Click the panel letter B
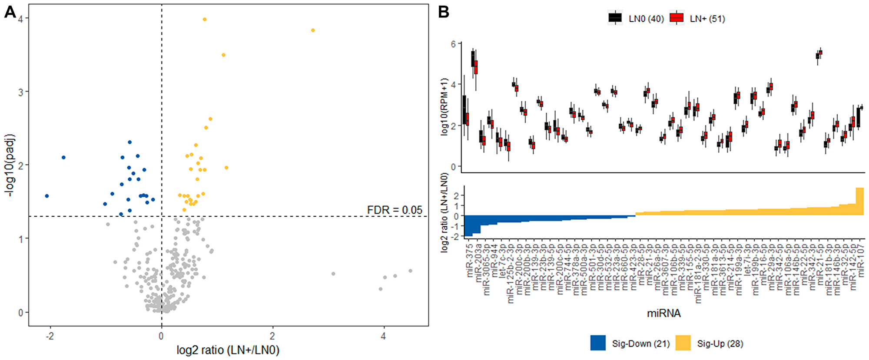(443, 12)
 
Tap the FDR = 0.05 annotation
(395, 210)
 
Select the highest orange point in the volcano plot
(205, 20)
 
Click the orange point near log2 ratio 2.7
(313, 30)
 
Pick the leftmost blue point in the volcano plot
(47, 196)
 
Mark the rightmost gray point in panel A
(410, 271)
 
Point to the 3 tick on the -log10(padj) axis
(21, 92)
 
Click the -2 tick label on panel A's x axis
(50, 336)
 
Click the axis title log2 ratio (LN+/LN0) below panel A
(228, 350)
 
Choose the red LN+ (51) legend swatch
(677, 18)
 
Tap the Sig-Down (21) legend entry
(640, 343)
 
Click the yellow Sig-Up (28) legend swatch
(683, 343)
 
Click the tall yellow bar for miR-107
(859, 201)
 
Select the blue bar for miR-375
(468, 226)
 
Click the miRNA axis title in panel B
(663, 314)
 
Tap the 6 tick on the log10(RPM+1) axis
(454, 44)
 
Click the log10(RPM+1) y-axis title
(444, 107)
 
